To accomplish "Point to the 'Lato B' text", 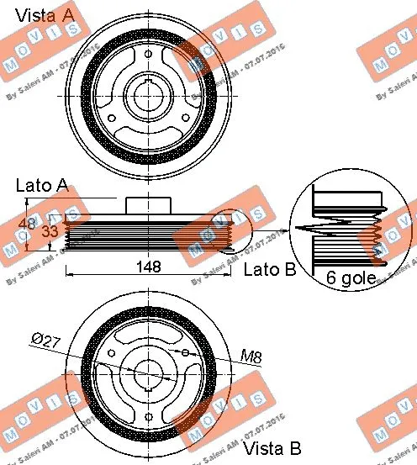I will (270, 269).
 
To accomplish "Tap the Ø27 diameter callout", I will (43, 341).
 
